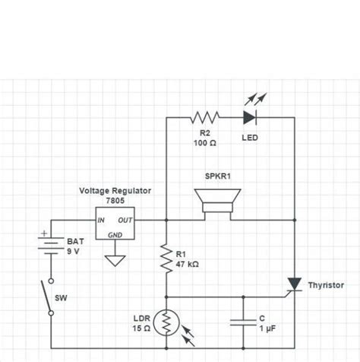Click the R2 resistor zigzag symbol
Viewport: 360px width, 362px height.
[205, 117]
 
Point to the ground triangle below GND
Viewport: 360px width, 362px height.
[115, 260]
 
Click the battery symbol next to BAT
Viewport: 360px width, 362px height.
[50, 244]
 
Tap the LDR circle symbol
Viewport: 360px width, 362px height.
[166, 324]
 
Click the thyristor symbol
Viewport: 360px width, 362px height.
[292, 284]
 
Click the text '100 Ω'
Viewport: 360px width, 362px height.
[204, 144]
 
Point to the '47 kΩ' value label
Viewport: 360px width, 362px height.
[188, 265]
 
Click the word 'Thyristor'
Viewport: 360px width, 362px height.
[326, 285]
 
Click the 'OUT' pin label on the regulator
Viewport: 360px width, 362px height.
[125, 220]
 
